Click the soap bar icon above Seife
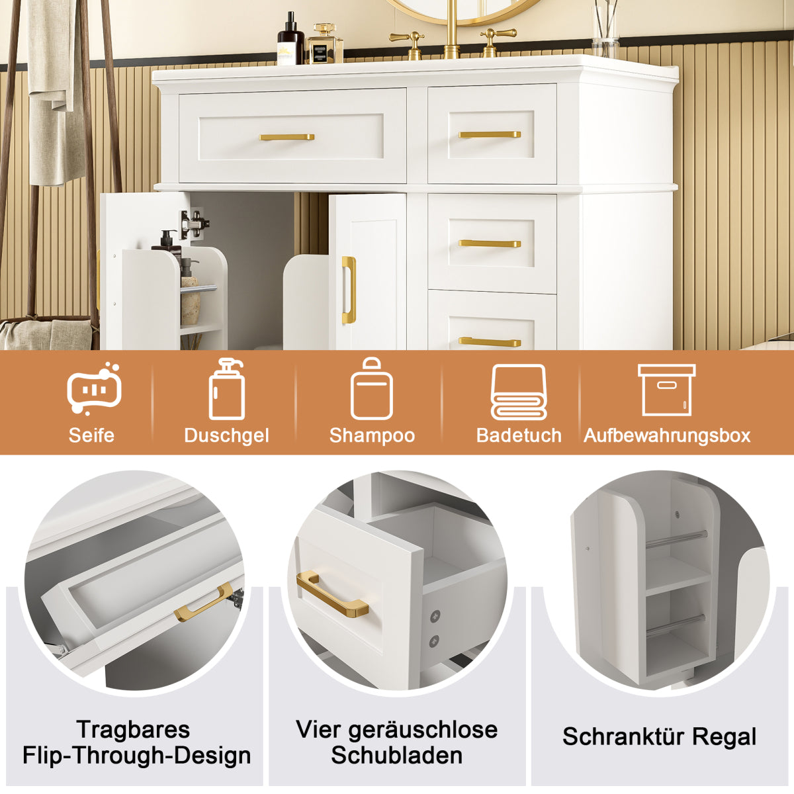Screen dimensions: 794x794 pyautogui.click(x=94, y=389)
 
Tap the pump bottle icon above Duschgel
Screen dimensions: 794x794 pyautogui.click(x=226, y=390)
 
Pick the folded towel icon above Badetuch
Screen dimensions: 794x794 pyautogui.click(x=519, y=392)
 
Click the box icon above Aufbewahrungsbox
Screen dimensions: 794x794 pyautogui.click(x=666, y=390)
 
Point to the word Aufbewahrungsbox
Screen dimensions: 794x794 pyautogui.click(x=667, y=435)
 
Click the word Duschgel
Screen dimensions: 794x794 pyautogui.click(x=226, y=435)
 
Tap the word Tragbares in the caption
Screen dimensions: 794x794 pyautogui.click(x=133, y=729)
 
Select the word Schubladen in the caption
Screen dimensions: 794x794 pyautogui.click(x=397, y=755)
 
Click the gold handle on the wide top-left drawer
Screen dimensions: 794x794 pyautogui.click(x=287, y=137)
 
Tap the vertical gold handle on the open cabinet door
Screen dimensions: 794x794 pyautogui.click(x=349, y=290)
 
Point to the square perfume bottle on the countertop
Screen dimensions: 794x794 pyautogui.click(x=325, y=44)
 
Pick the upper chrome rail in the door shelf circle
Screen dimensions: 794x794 pyautogui.click(x=675, y=539)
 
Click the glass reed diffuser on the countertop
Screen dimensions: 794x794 pyautogui.click(x=605, y=30)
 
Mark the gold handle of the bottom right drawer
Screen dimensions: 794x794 pyautogui.click(x=490, y=342)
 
